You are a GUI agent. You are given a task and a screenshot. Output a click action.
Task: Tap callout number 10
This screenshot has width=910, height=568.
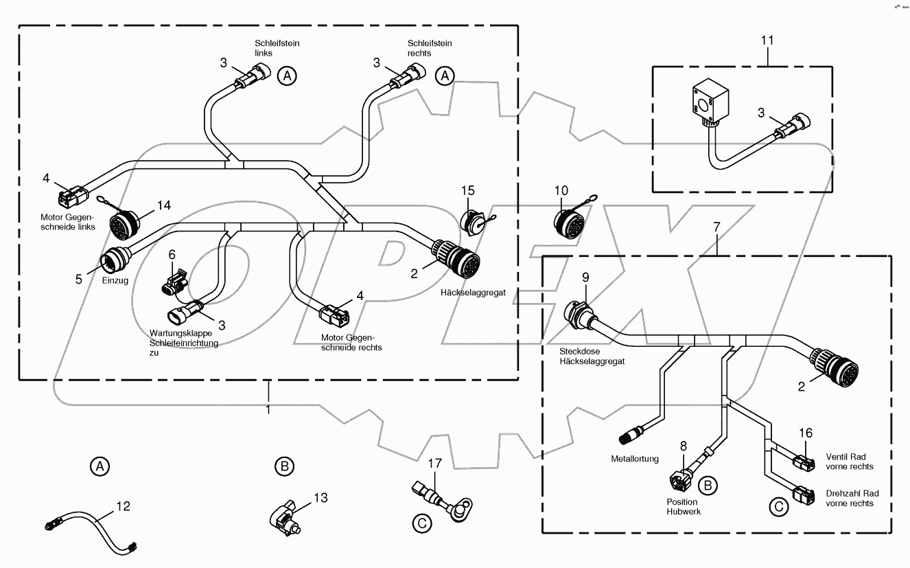coord(561,190)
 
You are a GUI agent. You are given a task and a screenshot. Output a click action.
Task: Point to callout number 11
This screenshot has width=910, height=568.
coord(767,41)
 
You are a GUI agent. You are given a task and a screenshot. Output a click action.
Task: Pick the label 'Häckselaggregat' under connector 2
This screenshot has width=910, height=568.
coord(473,293)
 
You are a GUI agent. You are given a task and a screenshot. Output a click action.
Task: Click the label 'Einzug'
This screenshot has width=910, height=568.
coord(116,281)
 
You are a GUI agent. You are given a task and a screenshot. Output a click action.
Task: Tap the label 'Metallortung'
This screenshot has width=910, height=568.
coord(635,459)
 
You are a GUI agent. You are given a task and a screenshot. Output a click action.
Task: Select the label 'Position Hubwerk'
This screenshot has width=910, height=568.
coord(681,506)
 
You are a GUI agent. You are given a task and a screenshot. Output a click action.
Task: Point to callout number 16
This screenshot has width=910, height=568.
coord(805,433)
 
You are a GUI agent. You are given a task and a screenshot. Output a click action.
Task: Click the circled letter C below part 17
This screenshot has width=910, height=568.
coord(423,523)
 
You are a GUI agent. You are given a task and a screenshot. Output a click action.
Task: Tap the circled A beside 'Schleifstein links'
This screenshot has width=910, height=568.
coord(287,77)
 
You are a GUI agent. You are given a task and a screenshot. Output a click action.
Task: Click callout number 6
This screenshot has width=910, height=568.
coord(172,254)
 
